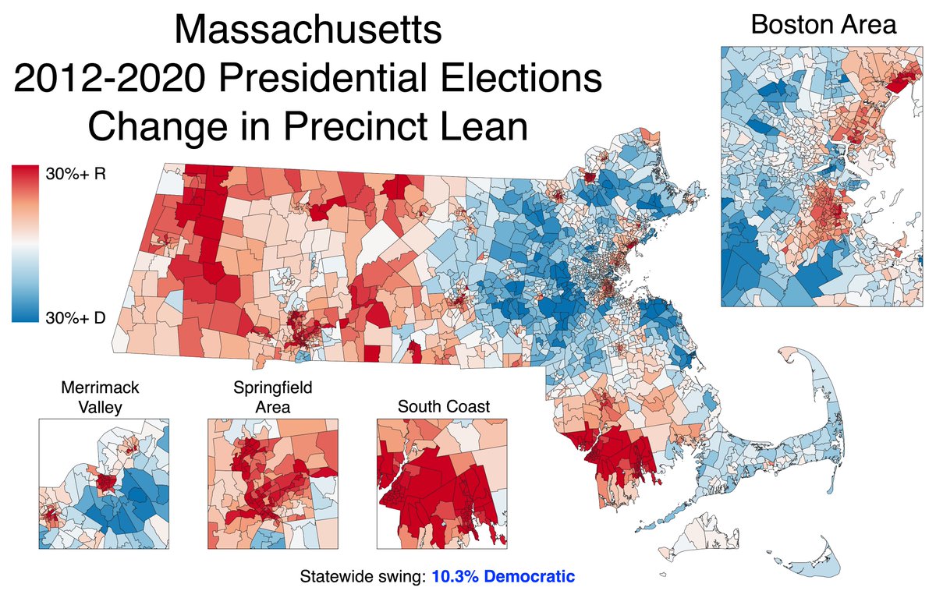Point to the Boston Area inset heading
[x=823, y=24]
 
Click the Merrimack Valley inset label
[x=103, y=396]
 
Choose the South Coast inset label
[x=443, y=406]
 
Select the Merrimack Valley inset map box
[x=103, y=483]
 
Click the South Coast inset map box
[x=443, y=483]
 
